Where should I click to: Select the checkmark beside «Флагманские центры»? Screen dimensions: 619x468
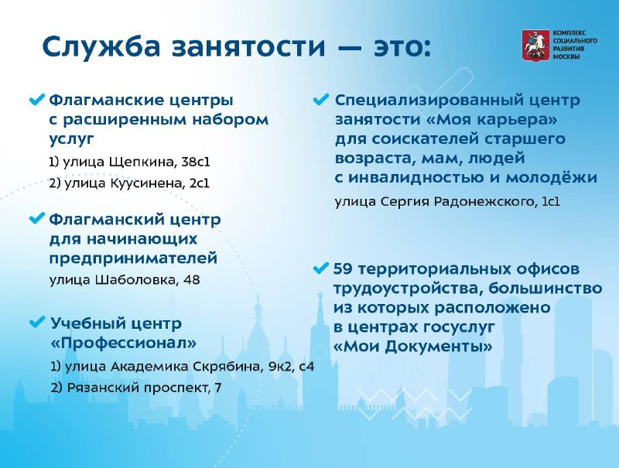pos(38,99)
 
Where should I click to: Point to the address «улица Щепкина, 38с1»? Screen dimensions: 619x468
pos(129,162)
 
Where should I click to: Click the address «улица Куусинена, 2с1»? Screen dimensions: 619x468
pos(129,183)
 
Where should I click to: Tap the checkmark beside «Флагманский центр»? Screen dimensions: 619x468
pos(38,218)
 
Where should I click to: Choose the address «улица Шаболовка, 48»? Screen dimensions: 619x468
pos(125,280)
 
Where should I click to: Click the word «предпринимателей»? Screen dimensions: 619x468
pos(133,258)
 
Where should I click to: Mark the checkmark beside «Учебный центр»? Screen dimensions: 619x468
pos(38,323)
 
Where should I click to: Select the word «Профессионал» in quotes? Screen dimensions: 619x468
pos(124,343)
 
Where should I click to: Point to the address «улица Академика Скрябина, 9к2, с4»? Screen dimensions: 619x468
pos(183,367)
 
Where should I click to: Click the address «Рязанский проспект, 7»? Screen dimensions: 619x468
pos(136,388)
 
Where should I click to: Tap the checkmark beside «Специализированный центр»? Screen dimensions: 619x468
pos(320,99)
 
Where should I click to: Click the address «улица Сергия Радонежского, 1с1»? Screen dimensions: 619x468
pos(447,202)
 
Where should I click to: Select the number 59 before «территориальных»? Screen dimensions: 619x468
pos(343,268)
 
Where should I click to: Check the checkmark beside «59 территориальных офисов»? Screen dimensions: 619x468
pos(320,268)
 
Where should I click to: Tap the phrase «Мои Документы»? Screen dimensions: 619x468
pos(413,347)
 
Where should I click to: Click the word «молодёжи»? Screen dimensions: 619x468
pos(552,177)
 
